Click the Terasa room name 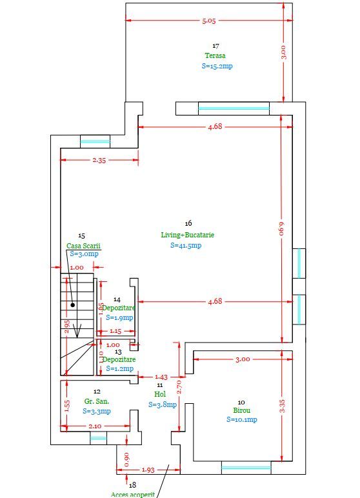[x=215, y=55]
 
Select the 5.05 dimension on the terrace [x=209, y=21]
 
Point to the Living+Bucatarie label [x=188, y=235]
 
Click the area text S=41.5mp [x=186, y=245]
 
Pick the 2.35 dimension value [x=99, y=161]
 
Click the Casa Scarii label [x=84, y=246]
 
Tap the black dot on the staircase [x=74, y=304]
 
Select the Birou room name [x=242, y=410]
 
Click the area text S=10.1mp [x=242, y=419]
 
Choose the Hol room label [x=160, y=393]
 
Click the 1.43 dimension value [x=161, y=377]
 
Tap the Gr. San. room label [x=97, y=401]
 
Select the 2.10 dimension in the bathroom [x=95, y=426]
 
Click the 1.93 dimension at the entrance [x=147, y=470]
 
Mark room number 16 [x=188, y=223]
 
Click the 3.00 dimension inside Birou [x=242, y=359]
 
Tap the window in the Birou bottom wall [x=246, y=467]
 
